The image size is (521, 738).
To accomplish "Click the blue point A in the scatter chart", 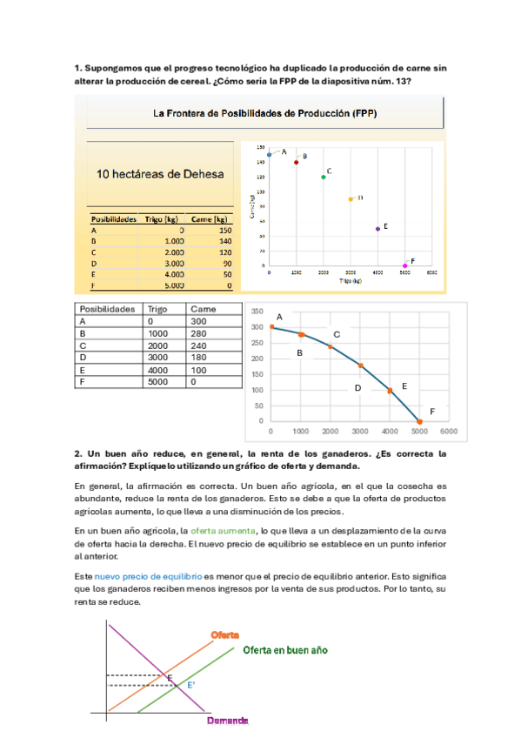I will [270, 154].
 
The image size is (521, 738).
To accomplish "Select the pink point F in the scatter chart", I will [405, 265].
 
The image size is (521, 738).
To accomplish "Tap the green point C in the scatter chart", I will [324, 177].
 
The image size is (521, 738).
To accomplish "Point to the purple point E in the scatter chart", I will [377, 229].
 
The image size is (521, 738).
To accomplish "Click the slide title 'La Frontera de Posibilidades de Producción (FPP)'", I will [265, 113].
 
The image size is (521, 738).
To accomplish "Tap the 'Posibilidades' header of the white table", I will [108, 309].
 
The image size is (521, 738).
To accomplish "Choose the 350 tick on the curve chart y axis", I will [257, 312].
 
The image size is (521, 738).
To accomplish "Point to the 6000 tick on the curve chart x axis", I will [449, 432].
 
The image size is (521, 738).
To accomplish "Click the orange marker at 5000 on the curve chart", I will [419, 421].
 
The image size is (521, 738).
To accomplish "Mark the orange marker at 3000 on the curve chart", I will [360, 366].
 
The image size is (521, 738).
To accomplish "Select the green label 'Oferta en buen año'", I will [285, 650].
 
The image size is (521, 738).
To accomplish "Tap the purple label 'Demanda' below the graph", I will [228, 721].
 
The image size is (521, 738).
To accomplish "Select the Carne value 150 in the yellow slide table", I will [225, 230].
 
